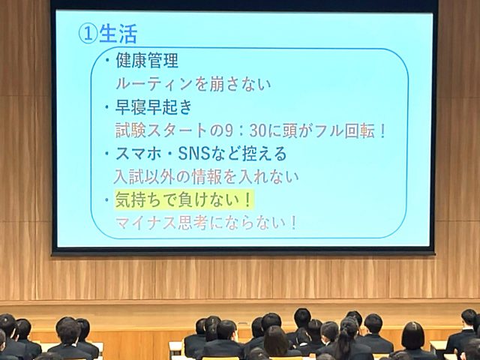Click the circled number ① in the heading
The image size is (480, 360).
[88, 34]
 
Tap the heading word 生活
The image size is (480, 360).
[118, 34]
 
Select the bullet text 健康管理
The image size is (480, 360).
[147, 61]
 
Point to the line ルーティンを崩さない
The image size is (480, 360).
[193, 84]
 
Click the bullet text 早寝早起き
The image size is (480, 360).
[154, 107]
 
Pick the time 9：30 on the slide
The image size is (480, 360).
[247, 130]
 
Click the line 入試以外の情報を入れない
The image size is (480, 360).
[206, 177]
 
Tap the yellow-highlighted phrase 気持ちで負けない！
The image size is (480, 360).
[184, 199]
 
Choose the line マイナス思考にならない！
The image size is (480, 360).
[206, 223]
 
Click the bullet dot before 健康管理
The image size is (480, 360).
[107, 60]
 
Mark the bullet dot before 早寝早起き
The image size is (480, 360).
[107, 107]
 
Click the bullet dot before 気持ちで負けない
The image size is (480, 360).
[107, 200]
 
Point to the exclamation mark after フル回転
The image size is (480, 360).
[382, 130]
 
